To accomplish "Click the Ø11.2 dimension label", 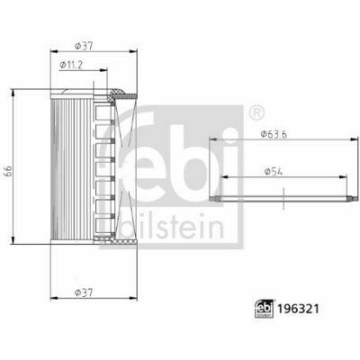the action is tap(71, 65).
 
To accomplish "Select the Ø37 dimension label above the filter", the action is tap(84, 46).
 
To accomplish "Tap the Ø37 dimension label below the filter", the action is tap(84, 292).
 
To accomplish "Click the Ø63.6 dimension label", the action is tap(274, 134).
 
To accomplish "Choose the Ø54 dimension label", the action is tap(274, 172).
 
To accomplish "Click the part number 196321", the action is tap(298, 309).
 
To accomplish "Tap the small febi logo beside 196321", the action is tap(265, 309).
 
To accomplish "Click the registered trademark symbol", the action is tap(256, 113).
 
